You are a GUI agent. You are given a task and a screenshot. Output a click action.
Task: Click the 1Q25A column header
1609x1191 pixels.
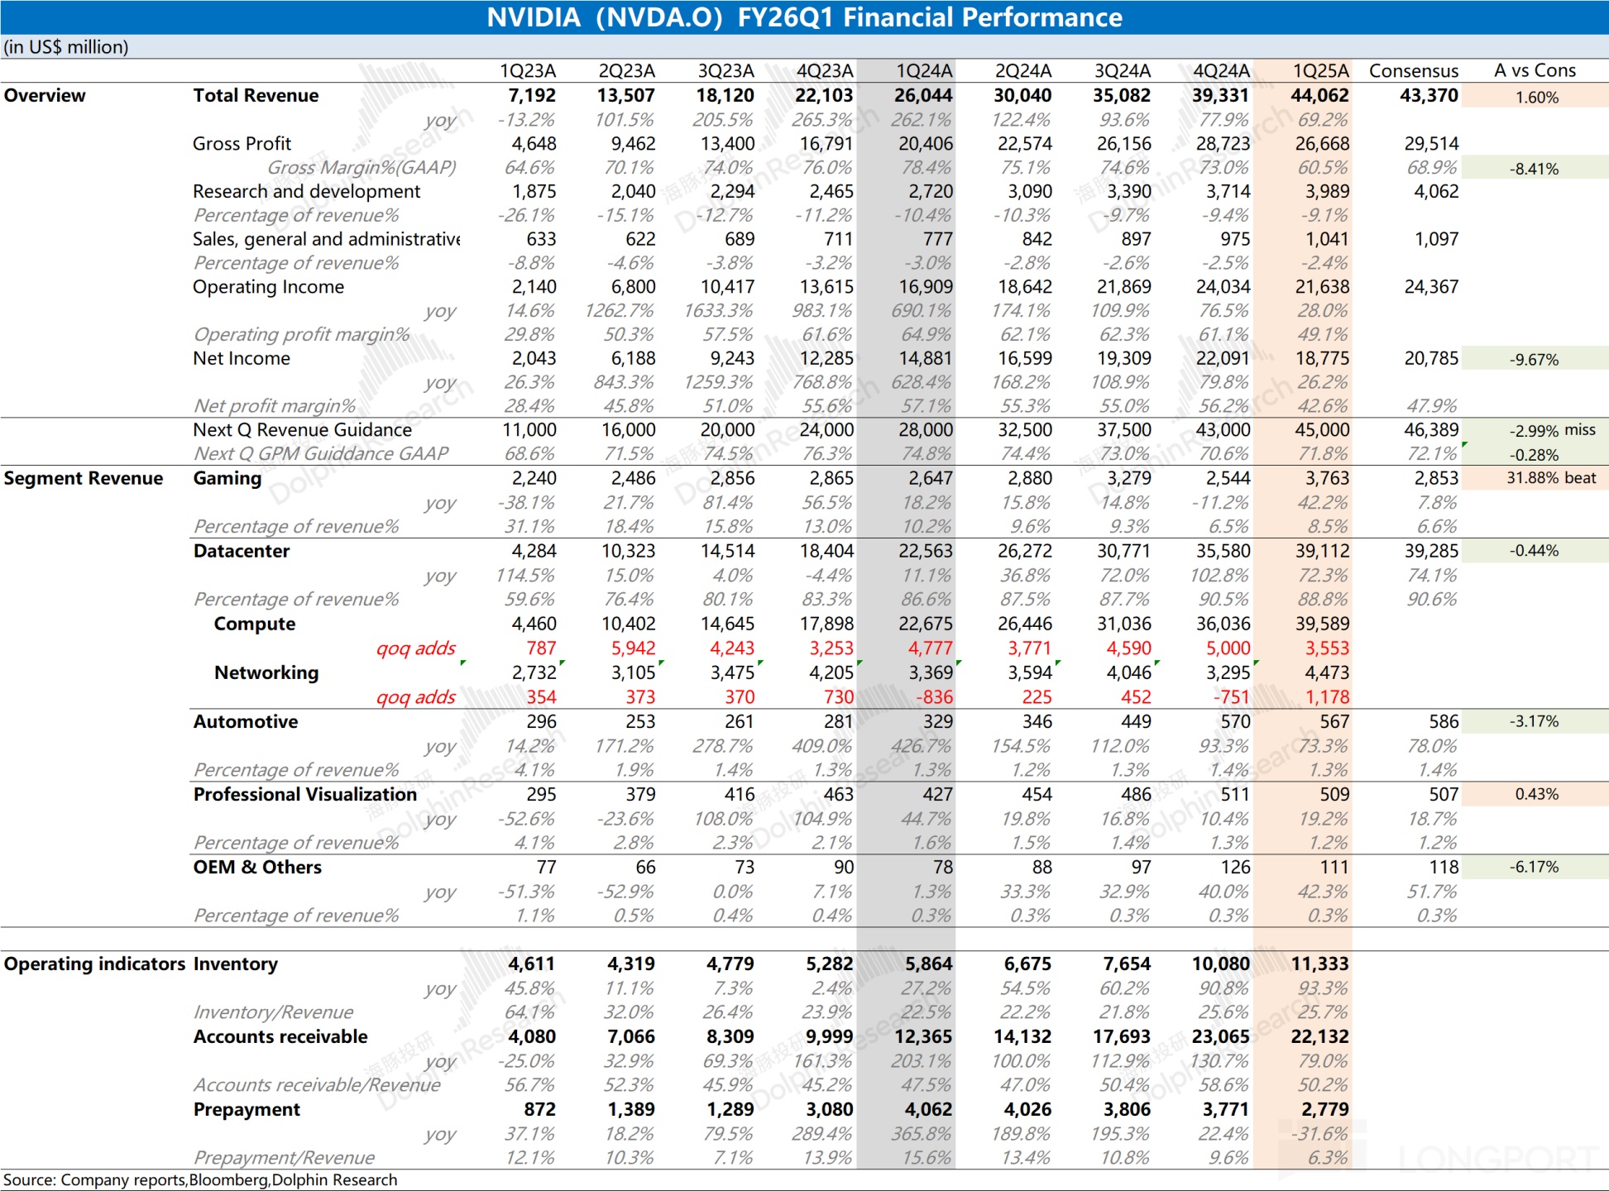(1320, 71)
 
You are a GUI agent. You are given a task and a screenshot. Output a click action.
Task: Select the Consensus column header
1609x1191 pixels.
(1413, 71)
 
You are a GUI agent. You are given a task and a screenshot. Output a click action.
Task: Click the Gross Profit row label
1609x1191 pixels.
(242, 144)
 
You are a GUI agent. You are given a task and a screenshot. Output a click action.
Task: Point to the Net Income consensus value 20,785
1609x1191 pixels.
(1431, 359)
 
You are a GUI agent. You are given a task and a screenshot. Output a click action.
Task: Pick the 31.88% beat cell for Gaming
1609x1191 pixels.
(1550, 478)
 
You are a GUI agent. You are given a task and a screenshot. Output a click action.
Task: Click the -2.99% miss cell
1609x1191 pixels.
(1552, 430)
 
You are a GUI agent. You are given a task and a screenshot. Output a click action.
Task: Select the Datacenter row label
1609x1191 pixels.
(242, 552)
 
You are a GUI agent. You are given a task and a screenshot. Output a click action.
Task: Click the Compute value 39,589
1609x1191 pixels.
(1322, 624)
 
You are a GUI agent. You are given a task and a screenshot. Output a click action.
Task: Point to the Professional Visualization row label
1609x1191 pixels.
(304, 795)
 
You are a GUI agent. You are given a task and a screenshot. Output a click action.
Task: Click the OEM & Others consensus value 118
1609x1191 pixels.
(1444, 868)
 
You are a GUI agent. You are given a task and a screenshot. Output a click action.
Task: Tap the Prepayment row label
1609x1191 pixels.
(247, 1110)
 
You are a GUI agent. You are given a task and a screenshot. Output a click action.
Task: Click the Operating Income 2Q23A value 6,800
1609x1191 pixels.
(633, 287)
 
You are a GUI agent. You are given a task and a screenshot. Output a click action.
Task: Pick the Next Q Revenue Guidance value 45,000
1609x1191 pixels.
(1322, 430)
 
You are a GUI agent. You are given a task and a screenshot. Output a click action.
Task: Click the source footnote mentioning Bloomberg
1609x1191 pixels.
(200, 1180)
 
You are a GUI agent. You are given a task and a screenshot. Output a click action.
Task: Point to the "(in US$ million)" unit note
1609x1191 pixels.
(66, 47)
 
